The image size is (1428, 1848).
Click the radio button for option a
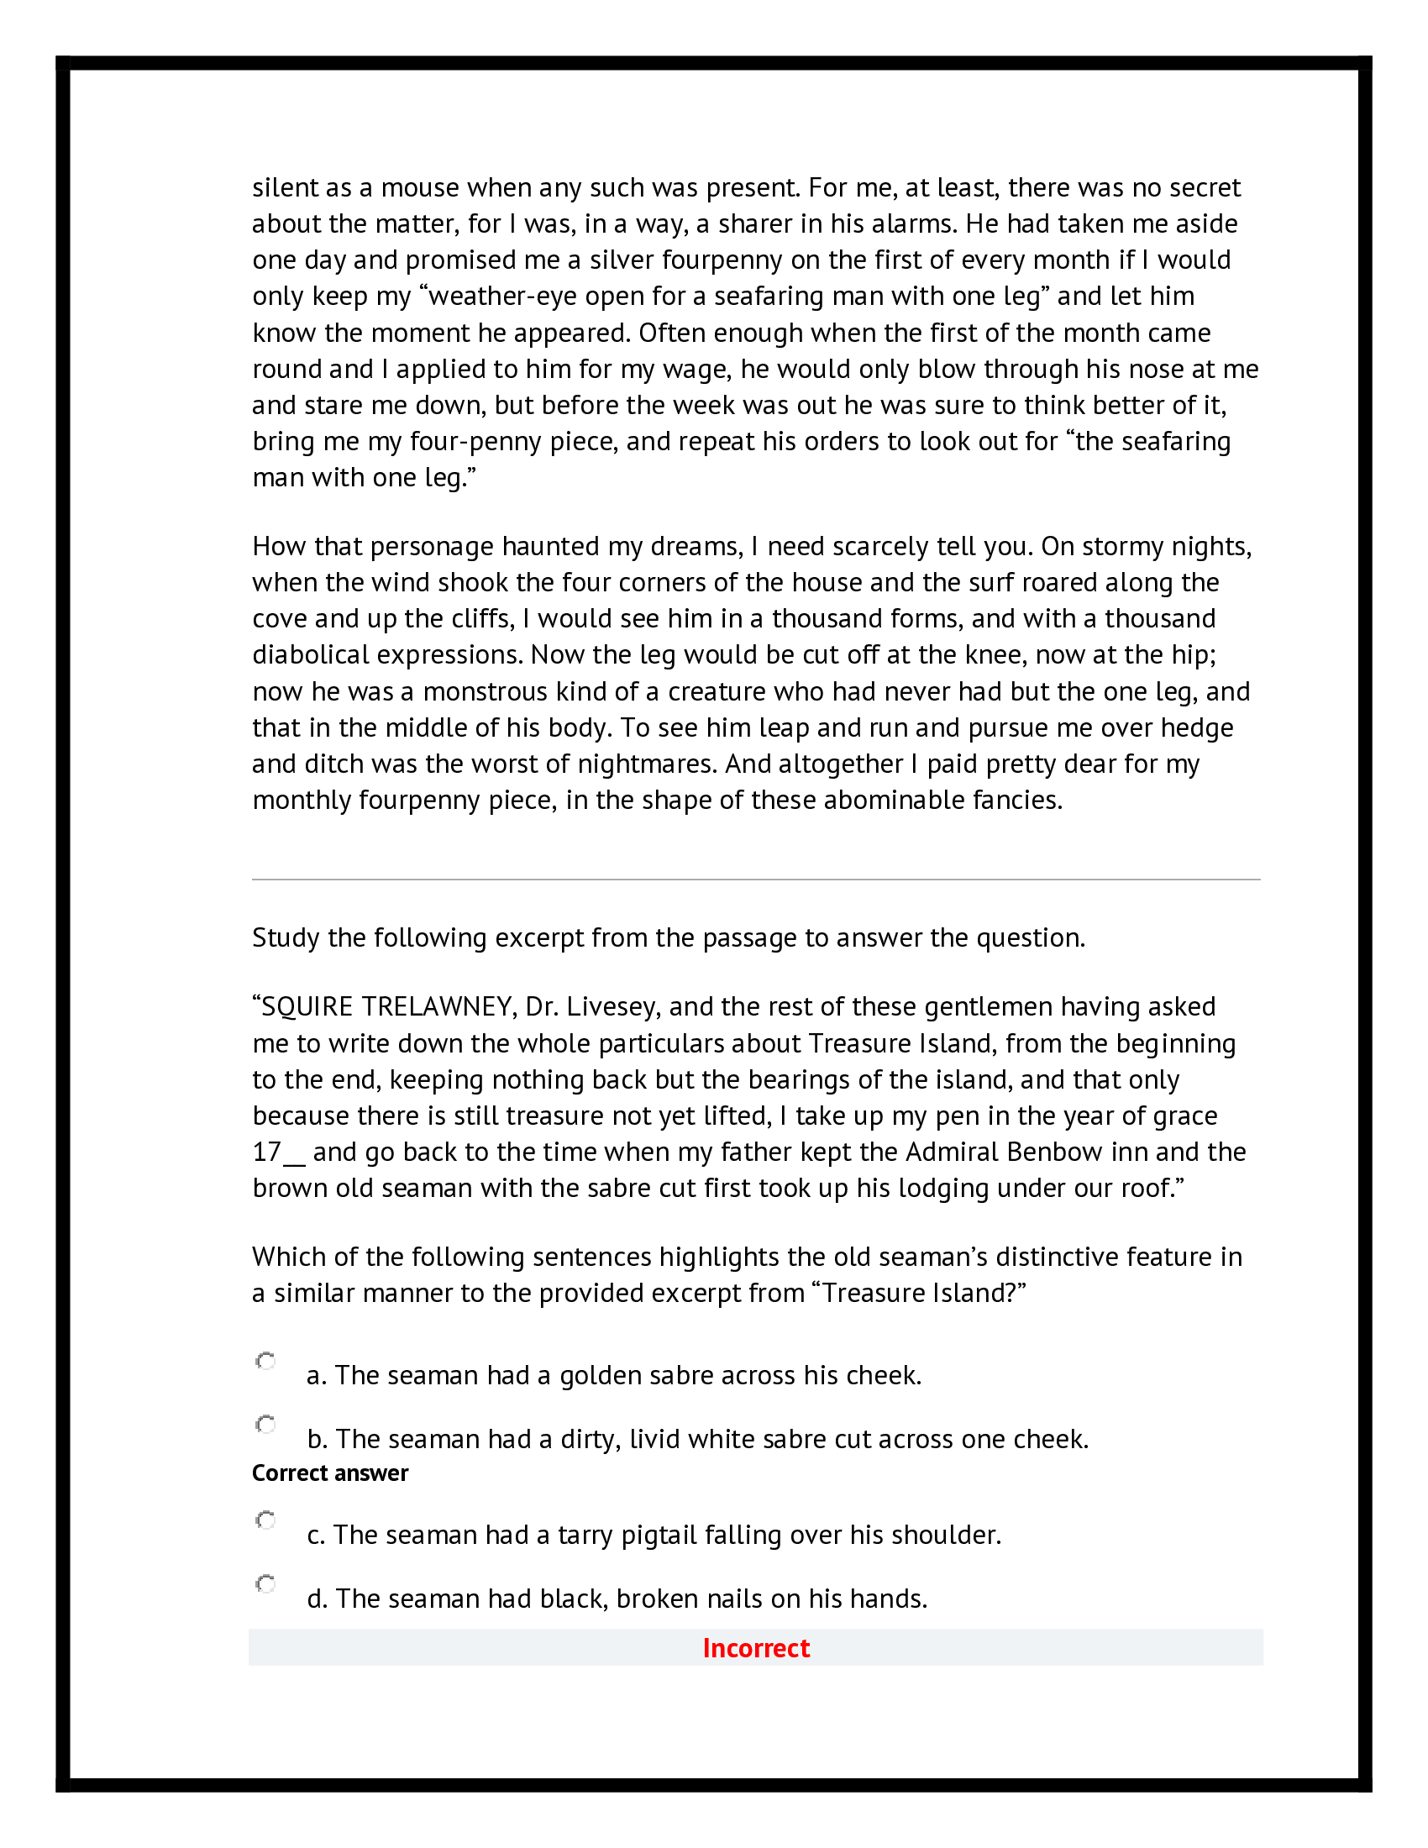[265, 1361]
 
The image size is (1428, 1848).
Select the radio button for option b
[265, 1425]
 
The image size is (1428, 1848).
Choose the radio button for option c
[265, 1520]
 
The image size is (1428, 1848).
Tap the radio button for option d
[265, 1584]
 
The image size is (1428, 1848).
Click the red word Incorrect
[755, 1648]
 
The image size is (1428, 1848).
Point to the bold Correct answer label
[330, 1473]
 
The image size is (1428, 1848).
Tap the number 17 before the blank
[266, 1152]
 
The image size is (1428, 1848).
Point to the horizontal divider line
[755, 880]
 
